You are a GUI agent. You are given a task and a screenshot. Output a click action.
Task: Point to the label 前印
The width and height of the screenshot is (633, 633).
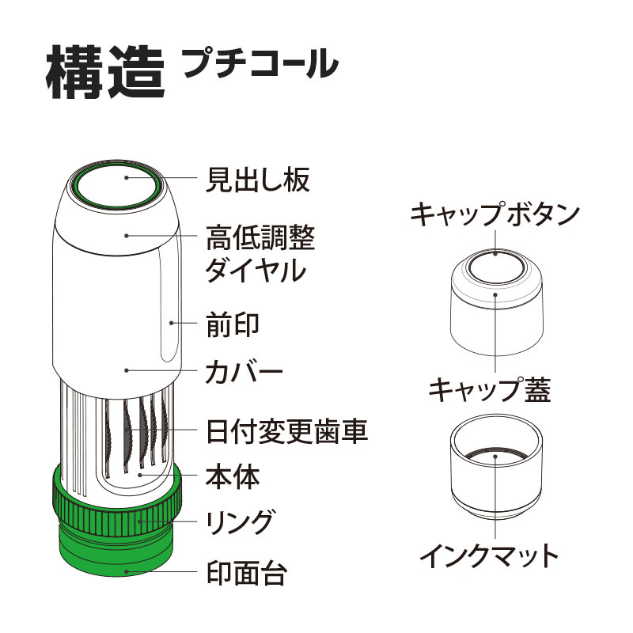[233, 323]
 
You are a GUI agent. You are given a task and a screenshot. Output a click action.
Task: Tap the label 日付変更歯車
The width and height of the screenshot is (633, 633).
[286, 431]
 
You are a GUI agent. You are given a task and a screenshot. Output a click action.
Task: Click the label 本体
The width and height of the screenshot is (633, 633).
[233, 476]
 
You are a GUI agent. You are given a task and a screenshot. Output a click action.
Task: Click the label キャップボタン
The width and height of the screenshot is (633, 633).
[495, 214]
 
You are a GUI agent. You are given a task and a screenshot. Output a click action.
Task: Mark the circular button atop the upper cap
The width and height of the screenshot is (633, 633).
[495, 267]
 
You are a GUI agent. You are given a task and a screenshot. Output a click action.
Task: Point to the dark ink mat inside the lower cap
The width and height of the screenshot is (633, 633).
[495, 456]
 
